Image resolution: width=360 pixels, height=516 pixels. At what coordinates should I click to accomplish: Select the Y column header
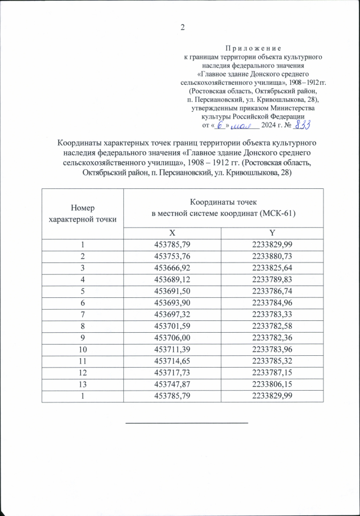click(x=273, y=233)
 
